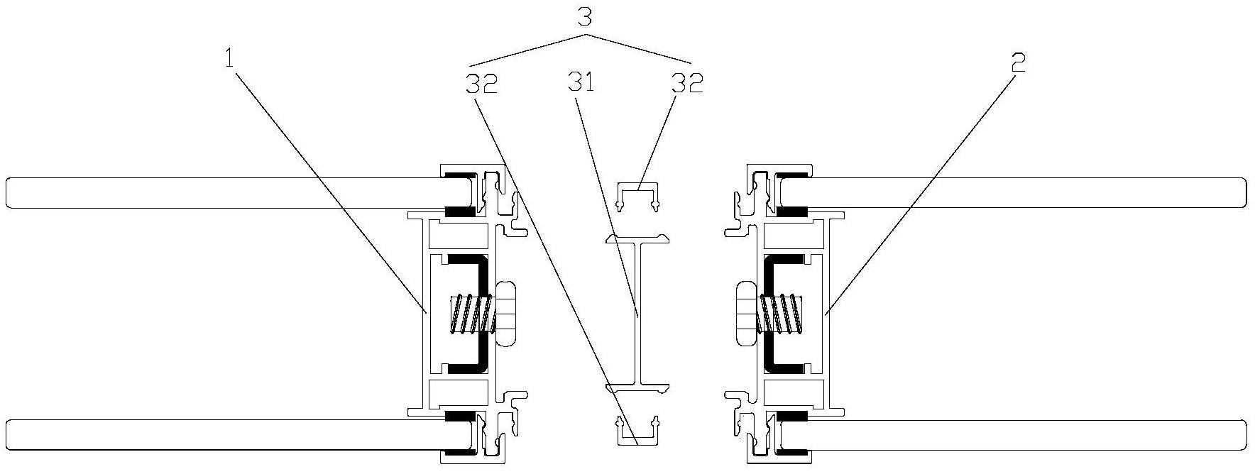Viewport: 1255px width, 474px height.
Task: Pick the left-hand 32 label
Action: (x=481, y=84)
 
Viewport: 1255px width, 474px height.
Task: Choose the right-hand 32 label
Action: (x=687, y=83)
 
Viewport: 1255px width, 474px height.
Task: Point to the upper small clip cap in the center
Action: (x=638, y=195)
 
